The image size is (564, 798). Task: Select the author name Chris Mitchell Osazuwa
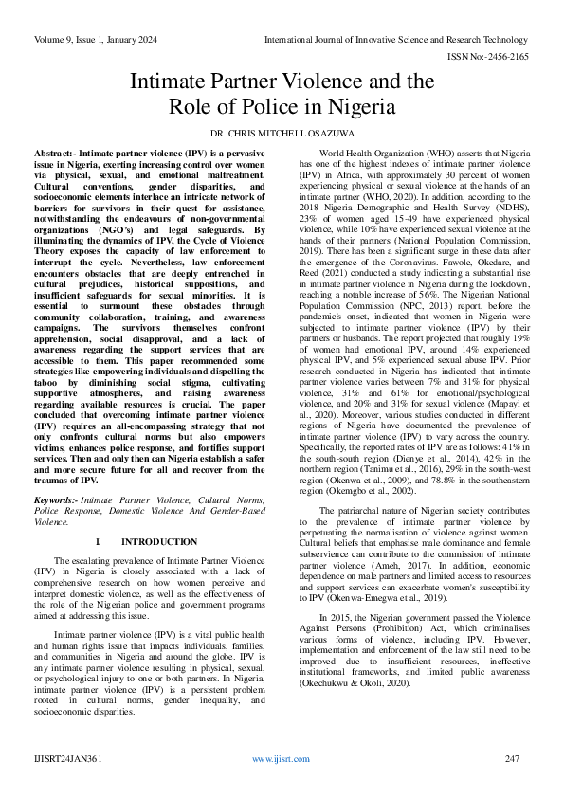coord(282,133)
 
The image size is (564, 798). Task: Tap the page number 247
coord(512,759)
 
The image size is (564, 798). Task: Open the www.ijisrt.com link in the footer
coord(282,759)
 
